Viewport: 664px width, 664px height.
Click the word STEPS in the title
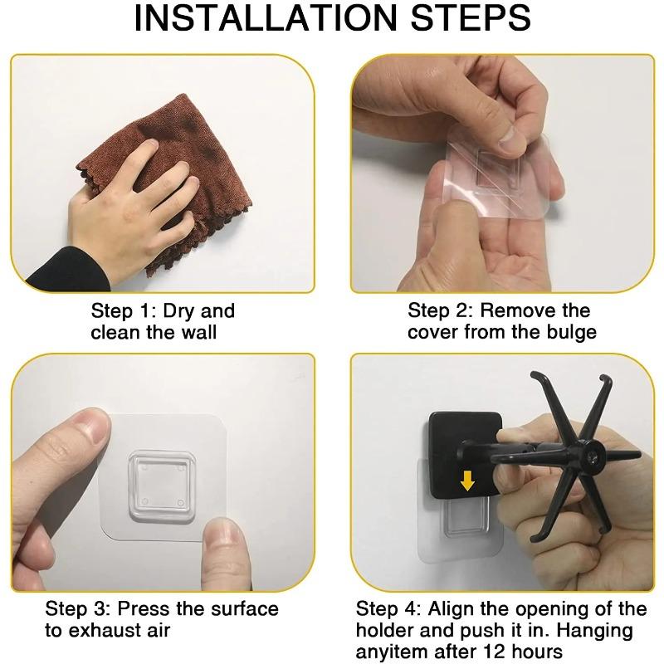[x=471, y=17]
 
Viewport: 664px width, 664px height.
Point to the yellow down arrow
[x=467, y=481]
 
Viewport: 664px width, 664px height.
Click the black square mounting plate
[x=465, y=455]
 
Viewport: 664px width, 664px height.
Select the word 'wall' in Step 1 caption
[x=199, y=333]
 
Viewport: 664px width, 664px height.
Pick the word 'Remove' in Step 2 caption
[x=517, y=310]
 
